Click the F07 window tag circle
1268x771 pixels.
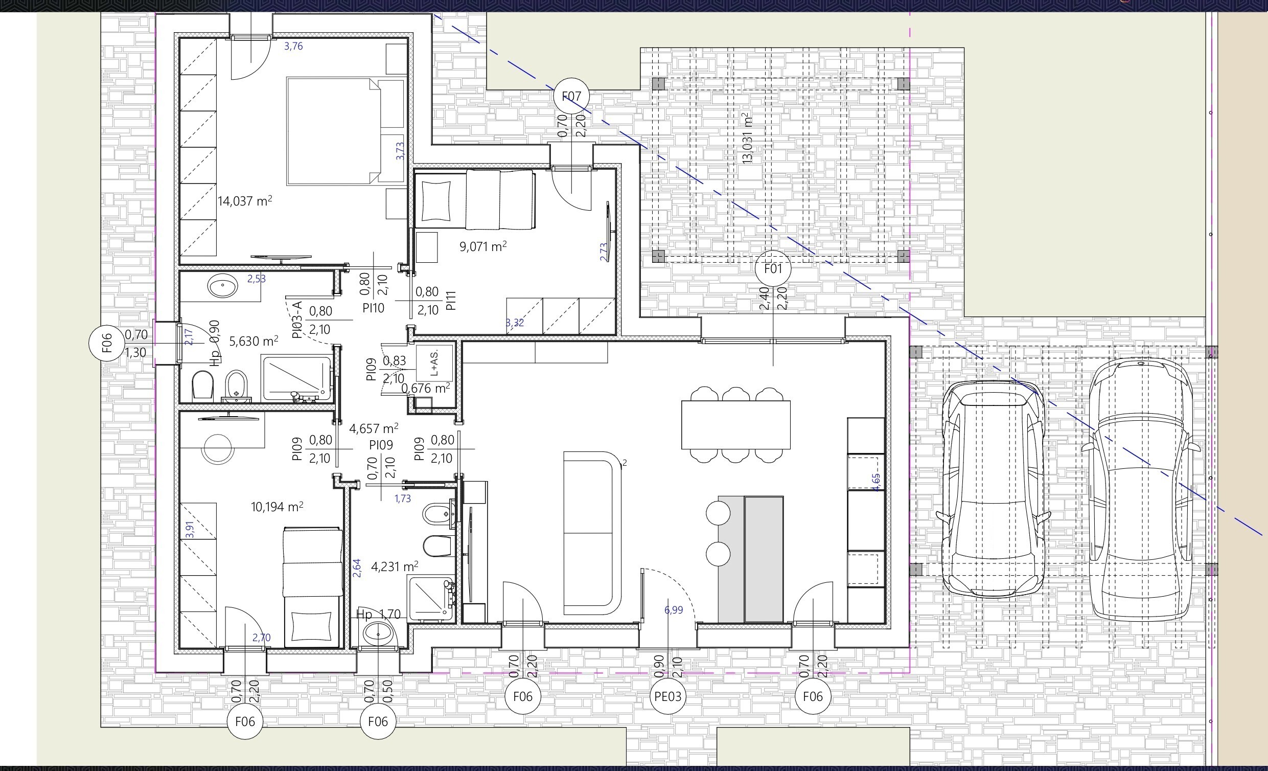pyautogui.click(x=571, y=96)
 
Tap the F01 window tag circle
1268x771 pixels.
pyautogui.click(x=773, y=268)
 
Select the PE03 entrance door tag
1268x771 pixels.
pyautogui.click(x=667, y=696)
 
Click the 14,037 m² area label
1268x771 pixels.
pyautogui.click(x=245, y=200)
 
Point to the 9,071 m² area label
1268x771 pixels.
pyautogui.click(x=483, y=246)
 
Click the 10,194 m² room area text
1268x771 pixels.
pyautogui.click(x=277, y=507)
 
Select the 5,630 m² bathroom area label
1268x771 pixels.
pyautogui.click(x=253, y=341)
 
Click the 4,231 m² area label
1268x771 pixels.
pyautogui.click(x=395, y=566)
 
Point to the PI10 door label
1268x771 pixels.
pyautogui.click(x=373, y=308)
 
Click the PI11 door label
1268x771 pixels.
pyautogui.click(x=451, y=301)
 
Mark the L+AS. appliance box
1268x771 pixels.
pyautogui.click(x=434, y=363)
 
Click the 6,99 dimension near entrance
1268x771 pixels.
pyautogui.click(x=674, y=610)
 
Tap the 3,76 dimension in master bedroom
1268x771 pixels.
pyautogui.click(x=293, y=46)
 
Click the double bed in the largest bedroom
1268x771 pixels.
pyautogui.click(x=346, y=131)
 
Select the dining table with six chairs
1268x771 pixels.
pyautogui.click(x=736, y=425)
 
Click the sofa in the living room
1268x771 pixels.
pyautogui.click(x=593, y=533)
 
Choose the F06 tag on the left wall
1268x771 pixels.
pyautogui.click(x=106, y=343)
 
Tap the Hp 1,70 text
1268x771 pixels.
pyautogui.click(x=378, y=614)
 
